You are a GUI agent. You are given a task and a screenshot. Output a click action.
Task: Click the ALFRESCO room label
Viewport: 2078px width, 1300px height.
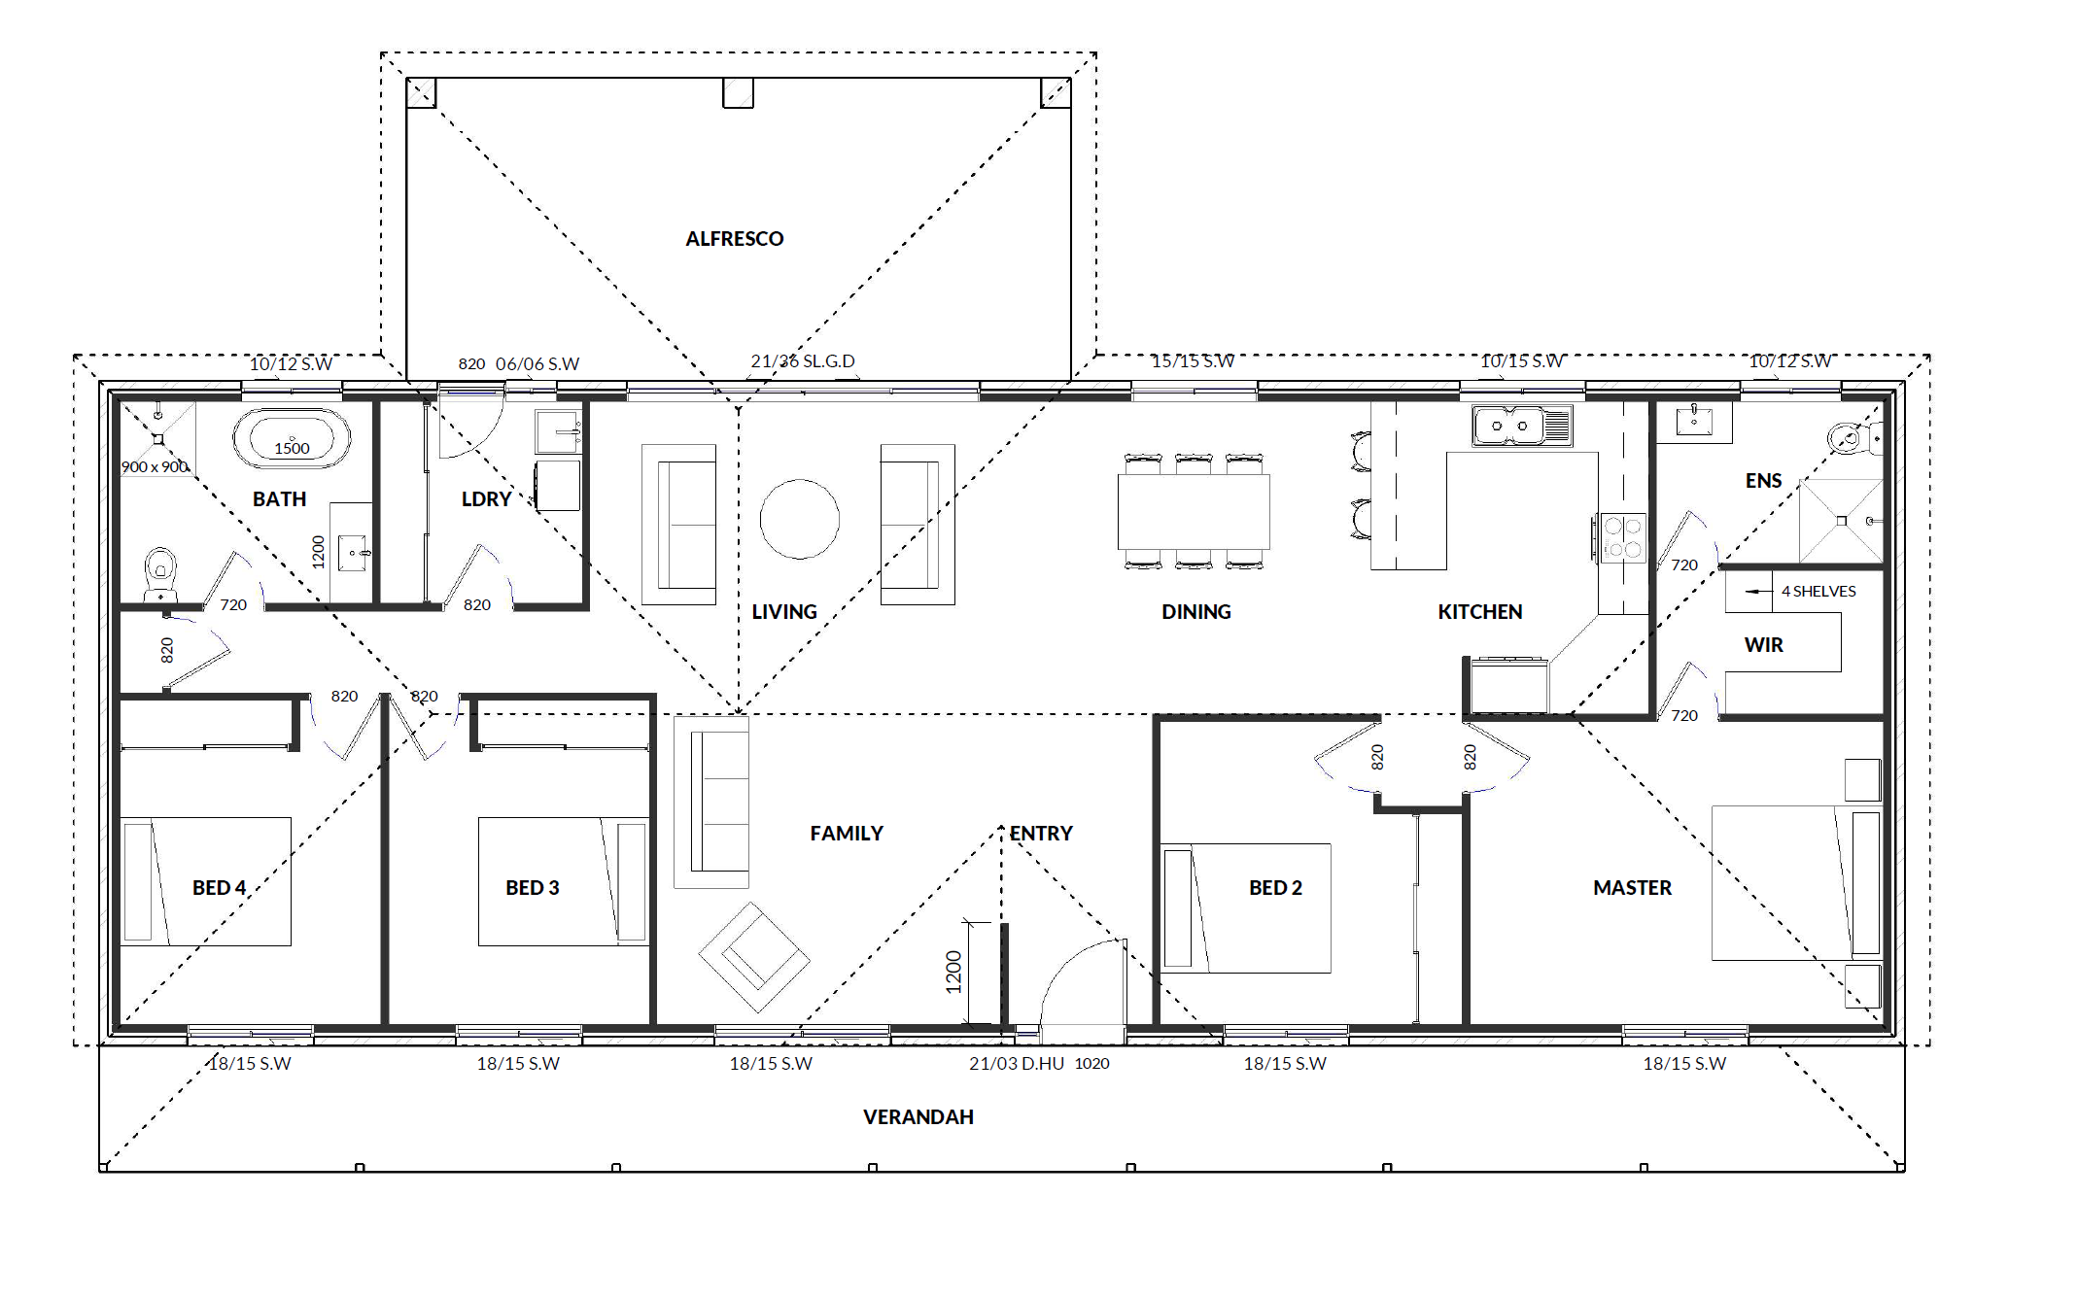pyautogui.click(x=734, y=239)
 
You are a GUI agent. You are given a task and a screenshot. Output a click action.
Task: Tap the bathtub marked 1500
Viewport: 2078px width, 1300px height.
pyautogui.click(x=292, y=439)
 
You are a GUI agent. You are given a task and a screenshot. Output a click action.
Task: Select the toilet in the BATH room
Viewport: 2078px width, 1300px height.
pyautogui.click(x=160, y=575)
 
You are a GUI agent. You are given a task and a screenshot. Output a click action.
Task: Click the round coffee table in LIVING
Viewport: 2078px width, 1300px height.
pyautogui.click(x=800, y=519)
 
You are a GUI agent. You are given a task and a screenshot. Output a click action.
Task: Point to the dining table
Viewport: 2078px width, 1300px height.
pyautogui.click(x=1194, y=511)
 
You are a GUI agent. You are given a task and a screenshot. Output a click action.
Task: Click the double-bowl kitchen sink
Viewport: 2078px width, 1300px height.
pyautogui.click(x=1522, y=426)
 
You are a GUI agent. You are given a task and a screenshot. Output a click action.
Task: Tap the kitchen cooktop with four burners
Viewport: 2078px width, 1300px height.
pyautogui.click(x=1621, y=538)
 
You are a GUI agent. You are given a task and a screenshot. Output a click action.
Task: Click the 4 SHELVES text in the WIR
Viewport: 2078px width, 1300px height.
pyautogui.click(x=1818, y=591)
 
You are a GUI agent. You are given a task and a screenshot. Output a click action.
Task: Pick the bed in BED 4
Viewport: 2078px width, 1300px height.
pyautogui.click(x=205, y=881)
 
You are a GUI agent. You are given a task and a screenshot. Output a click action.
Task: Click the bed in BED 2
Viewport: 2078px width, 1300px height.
pyautogui.click(x=1246, y=908)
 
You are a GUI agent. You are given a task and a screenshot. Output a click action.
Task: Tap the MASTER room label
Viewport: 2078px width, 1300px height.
pyautogui.click(x=1632, y=888)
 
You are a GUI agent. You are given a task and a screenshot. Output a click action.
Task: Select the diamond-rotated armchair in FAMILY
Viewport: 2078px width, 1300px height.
pyautogui.click(x=754, y=957)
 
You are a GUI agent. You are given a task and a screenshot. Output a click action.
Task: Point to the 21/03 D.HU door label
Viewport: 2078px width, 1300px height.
pyautogui.click(x=1017, y=1064)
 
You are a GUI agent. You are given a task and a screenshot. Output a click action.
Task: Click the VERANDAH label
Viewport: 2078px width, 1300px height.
pyautogui.click(x=918, y=1117)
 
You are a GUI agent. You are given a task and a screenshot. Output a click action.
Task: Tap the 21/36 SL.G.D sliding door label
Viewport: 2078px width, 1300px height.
pyautogui.click(x=803, y=361)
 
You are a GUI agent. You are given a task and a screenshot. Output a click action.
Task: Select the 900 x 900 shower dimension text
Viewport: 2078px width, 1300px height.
pyautogui.click(x=155, y=467)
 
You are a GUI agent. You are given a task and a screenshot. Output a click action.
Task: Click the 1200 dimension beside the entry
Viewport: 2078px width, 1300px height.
pyautogui.click(x=953, y=972)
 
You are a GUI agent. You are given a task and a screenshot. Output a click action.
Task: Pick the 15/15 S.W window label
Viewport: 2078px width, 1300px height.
pyautogui.click(x=1193, y=361)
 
